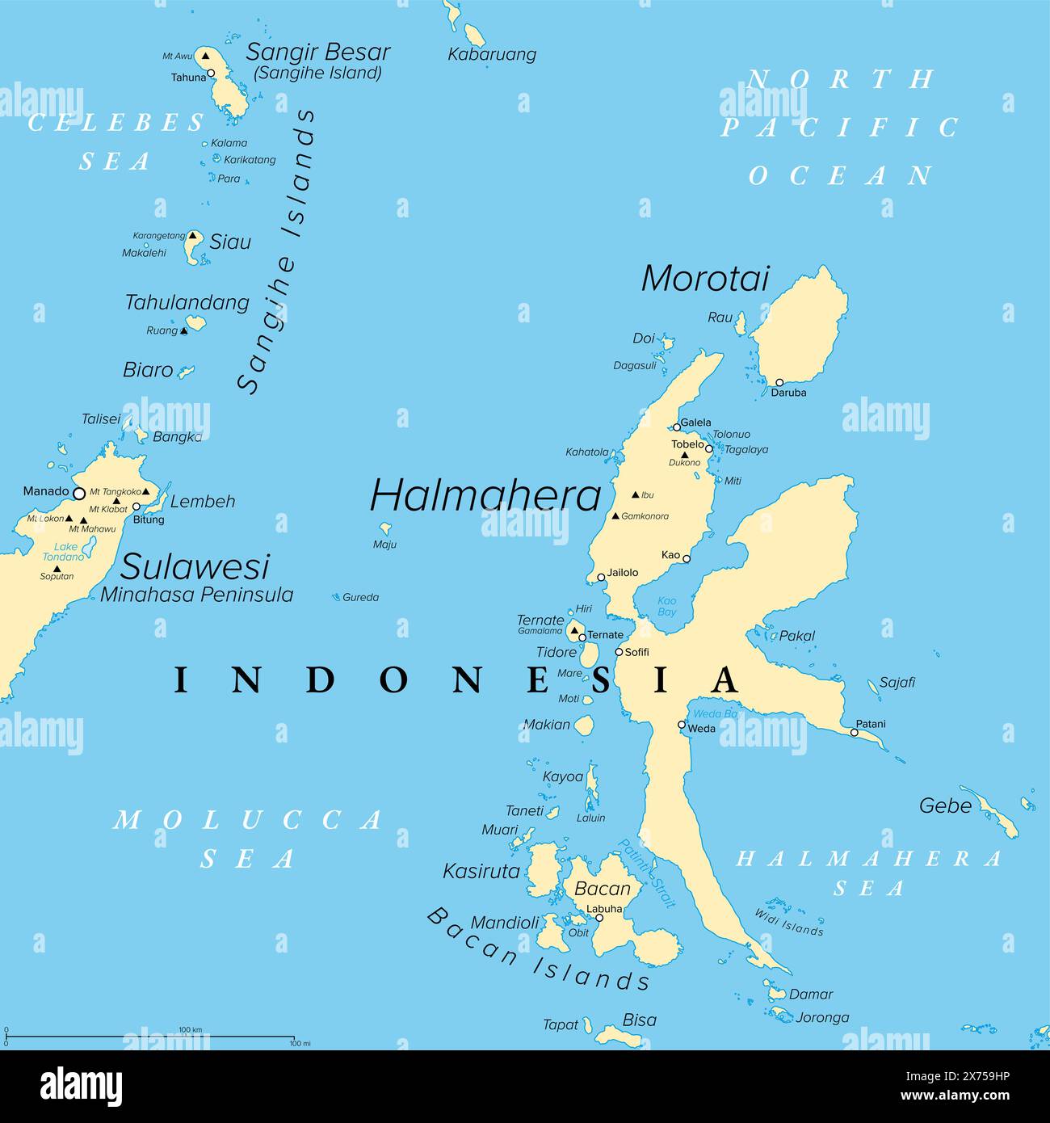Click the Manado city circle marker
79,493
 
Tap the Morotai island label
704,279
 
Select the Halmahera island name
485,495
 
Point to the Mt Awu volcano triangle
205,56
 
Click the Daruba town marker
779,382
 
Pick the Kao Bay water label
666,606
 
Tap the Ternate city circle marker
582,637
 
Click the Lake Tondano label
64,552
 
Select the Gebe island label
945,805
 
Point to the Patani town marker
854,733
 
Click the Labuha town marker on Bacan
599,918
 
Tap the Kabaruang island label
492,55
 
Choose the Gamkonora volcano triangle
615,515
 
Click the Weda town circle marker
682,725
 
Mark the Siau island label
230,242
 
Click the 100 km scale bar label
190,1029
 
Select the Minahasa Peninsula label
196,595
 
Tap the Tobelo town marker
709,448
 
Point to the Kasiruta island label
481,871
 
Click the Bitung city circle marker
136,507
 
